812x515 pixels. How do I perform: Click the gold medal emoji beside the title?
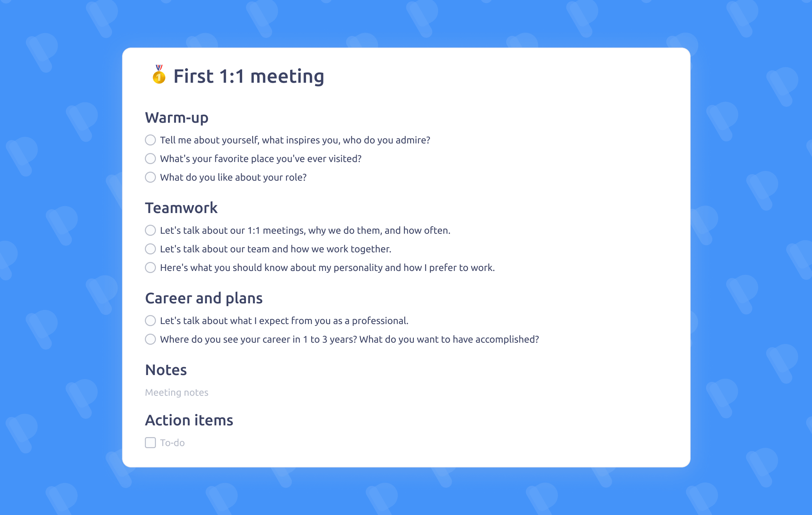[159, 74]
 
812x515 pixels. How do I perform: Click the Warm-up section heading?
[177, 118]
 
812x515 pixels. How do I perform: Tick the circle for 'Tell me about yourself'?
[150, 140]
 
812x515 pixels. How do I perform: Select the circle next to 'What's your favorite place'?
[150, 159]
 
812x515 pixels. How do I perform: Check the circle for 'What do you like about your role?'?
[150, 177]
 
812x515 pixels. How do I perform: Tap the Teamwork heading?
[181, 208]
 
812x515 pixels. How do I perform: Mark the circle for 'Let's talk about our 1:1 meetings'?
[150, 230]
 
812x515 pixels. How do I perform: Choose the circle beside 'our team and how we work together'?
[150, 249]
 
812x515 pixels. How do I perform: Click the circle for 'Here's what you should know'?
[150, 267]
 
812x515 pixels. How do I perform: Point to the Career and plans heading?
[204, 299]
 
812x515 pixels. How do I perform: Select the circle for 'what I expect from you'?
[150, 321]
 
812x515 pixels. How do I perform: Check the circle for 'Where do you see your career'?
[150, 339]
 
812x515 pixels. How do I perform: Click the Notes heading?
[166, 370]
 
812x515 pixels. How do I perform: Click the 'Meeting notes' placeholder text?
[177, 393]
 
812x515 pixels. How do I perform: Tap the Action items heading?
[189, 420]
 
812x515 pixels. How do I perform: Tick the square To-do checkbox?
[150, 443]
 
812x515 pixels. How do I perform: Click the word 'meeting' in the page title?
[287, 77]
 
